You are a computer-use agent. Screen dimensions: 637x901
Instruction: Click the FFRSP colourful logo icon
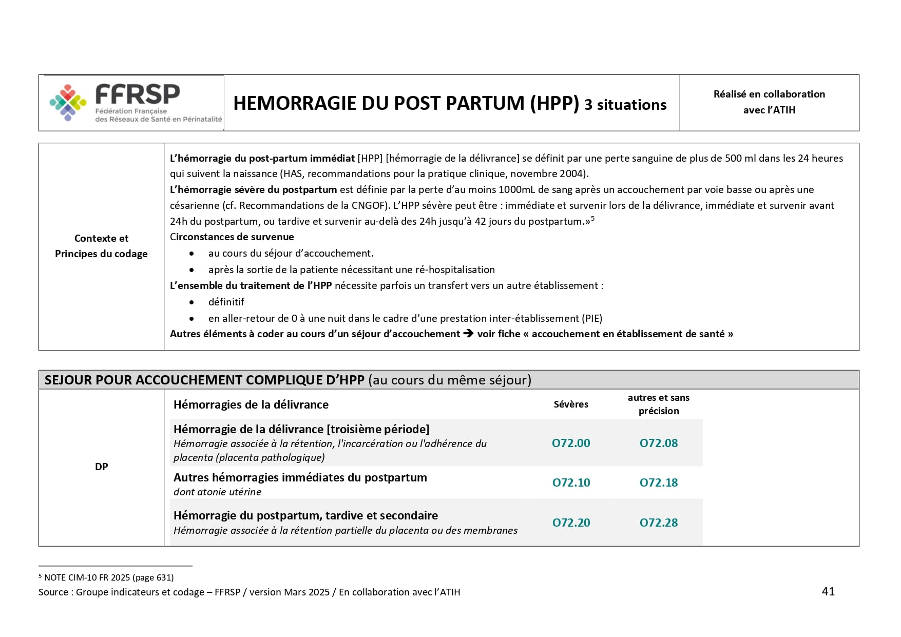click(68, 102)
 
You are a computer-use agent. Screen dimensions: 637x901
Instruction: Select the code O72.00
click(571, 443)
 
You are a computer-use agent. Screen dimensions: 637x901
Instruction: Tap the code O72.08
click(659, 443)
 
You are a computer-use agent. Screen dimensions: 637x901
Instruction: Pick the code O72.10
click(571, 482)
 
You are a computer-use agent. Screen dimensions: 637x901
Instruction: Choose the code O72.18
click(659, 482)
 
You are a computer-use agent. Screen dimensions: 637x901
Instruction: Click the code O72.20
click(571, 523)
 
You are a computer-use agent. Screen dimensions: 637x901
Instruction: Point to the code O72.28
click(659, 523)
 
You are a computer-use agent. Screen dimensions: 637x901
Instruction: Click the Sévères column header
click(571, 404)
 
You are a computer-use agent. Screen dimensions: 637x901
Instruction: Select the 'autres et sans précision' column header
click(659, 404)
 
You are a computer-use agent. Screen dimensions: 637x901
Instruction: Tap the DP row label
click(102, 467)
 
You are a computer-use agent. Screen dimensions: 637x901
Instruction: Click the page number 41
click(828, 591)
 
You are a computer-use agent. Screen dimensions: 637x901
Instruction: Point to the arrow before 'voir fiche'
click(468, 334)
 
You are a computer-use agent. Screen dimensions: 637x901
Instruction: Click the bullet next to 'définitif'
click(191, 302)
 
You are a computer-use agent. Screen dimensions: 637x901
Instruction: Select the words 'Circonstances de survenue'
click(232, 237)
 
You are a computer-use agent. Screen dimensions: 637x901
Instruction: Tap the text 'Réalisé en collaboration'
click(769, 94)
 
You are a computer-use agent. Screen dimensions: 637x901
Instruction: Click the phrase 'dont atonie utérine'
click(217, 492)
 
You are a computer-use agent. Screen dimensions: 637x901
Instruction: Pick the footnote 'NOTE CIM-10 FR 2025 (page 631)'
click(109, 577)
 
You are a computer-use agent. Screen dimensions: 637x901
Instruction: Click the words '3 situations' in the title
click(625, 105)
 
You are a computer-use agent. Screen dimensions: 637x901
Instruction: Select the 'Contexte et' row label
click(101, 238)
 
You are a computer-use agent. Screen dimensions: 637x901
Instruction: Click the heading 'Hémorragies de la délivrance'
click(251, 404)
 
